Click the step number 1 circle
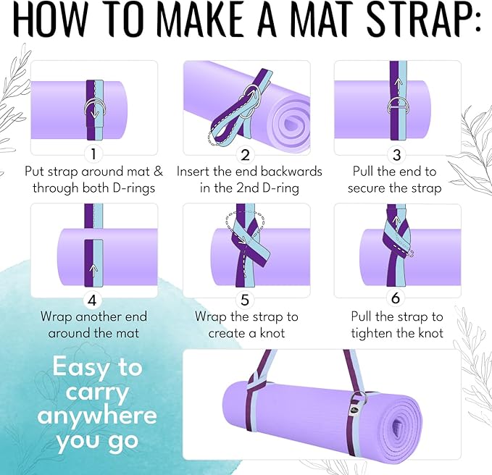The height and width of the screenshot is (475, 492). coord(93,154)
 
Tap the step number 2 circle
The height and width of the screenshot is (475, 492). coord(245,154)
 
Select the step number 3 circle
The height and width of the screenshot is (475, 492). coord(395,154)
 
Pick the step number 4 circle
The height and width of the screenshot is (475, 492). coord(93,299)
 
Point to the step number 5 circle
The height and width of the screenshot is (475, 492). coord(245,299)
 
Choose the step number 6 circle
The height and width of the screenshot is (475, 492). coord(395,299)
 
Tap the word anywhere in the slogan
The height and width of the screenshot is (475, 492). coord(96,416)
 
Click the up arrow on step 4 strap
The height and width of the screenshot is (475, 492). coord(90,267)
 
